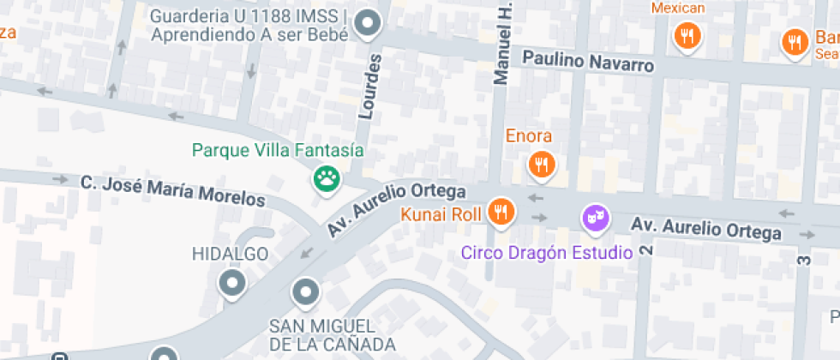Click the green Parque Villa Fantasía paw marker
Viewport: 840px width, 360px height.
click(x=326, y=179)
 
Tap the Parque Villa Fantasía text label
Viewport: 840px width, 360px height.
click(x=278, y=151)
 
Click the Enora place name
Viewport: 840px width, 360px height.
click(x=529, y=135)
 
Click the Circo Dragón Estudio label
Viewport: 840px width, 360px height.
click(x=546, y=253)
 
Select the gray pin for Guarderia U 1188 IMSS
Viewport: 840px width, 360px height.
click(x=369, y=24)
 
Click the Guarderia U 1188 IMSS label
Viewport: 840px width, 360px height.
click(x=249, y=26)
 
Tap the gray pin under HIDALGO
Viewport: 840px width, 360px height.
click(x=232, y=282)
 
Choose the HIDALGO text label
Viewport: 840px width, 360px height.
click(x=230, y=254)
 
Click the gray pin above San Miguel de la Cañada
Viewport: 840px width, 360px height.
click(x=306, y=293)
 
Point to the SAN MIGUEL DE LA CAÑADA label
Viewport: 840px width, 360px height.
click(x=322, y=335)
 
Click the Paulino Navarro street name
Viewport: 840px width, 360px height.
click(x=588, y=62)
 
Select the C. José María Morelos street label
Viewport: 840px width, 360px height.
click(x=173, y=190)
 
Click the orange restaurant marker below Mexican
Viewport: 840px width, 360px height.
click(x=687, y=36)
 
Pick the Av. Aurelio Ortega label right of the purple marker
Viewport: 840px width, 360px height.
click(x=706, y=228)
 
